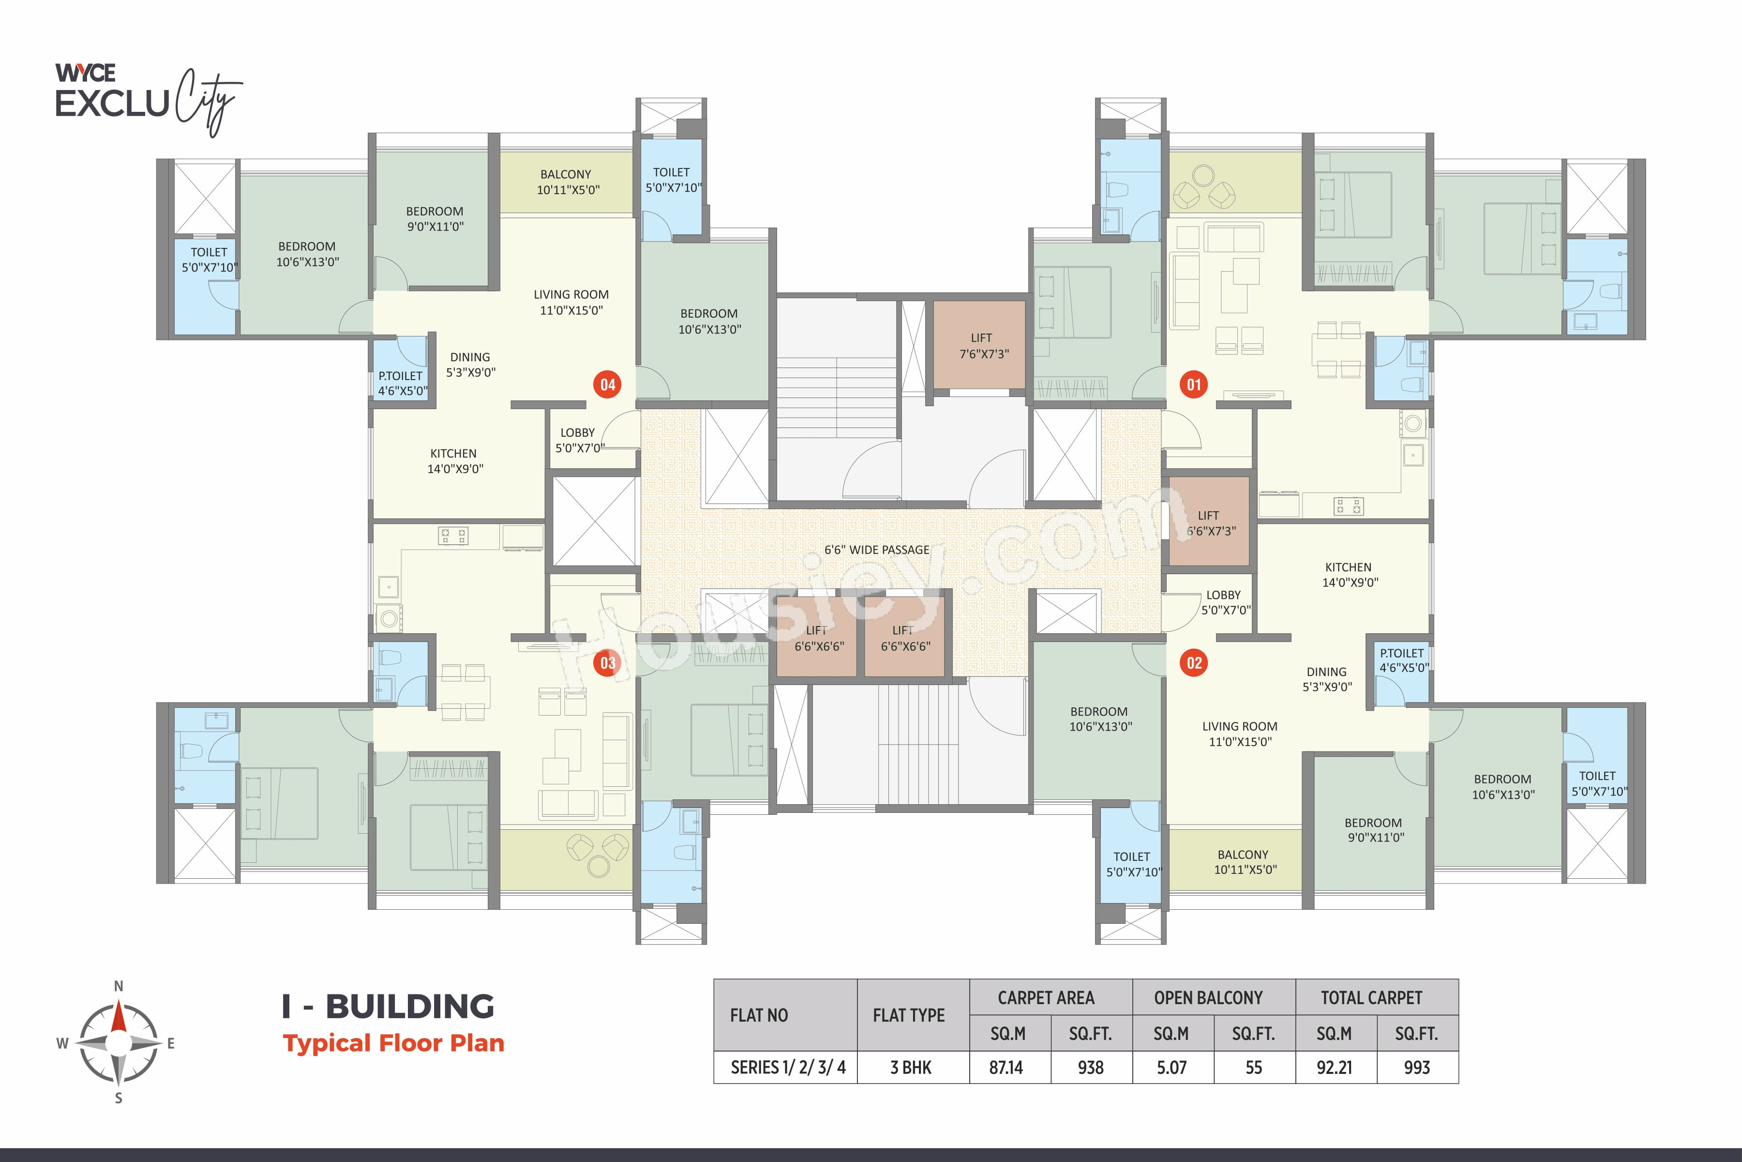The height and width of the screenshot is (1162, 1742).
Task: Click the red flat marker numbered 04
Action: pos(607,384)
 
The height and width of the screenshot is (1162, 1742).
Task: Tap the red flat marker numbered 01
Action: pos(1194,384)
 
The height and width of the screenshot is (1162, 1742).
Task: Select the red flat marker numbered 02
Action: pos(1194,662)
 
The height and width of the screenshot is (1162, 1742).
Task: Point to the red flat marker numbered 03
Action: pos(607,662)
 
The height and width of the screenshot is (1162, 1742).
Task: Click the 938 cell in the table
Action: pos(1091,1068)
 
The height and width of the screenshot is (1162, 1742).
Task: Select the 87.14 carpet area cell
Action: pos(1006,1068)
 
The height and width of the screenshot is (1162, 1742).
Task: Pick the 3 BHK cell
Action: pos(911,1068)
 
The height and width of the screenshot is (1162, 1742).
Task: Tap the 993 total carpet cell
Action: pos(1417,1068)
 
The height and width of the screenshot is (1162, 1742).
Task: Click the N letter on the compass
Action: pos(119,986)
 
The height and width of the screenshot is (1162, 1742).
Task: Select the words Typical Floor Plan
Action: pos(393,1043)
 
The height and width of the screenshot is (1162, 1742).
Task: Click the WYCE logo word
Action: pos(86,73)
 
